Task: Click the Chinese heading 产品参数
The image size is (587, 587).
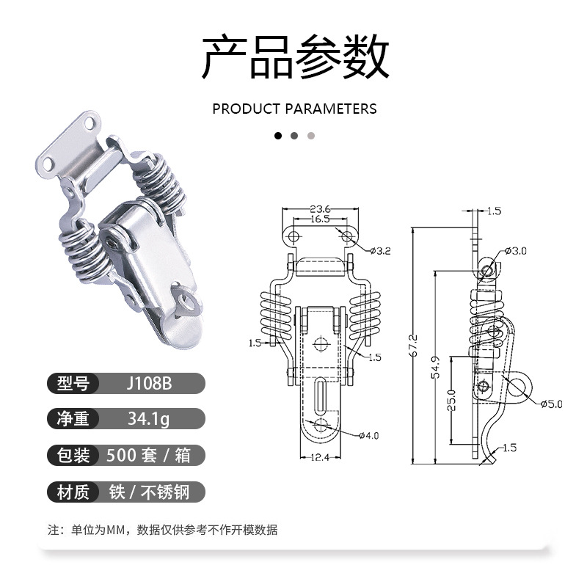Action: (294, 57)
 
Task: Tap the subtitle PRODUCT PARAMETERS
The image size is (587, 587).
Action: (294, 109)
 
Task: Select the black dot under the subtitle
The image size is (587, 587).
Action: (278, 136)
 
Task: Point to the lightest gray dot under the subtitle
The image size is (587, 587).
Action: (310, 136)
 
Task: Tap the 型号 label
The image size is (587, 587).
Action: (73, 384)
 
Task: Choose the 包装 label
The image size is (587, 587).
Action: (73, 455)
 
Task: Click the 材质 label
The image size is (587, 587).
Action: (73, 491)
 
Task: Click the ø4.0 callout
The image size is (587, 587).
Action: (368, 436)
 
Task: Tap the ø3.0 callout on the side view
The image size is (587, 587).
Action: (518, 251)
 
